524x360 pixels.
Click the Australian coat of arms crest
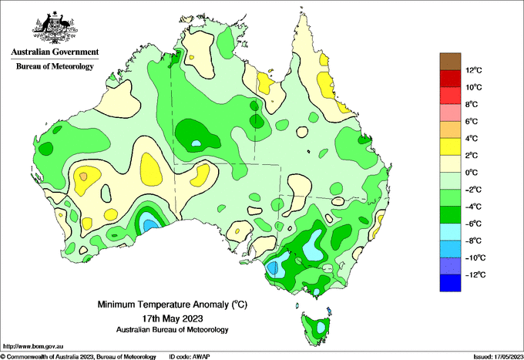[55, 28]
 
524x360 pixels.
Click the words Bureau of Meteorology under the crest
[55, 66]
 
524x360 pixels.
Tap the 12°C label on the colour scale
[474, 70]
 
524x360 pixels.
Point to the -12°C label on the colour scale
[475, 274]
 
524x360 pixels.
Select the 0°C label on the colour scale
[472, 173]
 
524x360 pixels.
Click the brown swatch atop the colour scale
[450, 62]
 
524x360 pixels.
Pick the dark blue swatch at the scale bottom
[450, 283]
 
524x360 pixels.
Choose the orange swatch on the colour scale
[450, 130]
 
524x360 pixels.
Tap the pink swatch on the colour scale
[450, 113]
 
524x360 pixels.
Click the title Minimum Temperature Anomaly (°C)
[172, 304]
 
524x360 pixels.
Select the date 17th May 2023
[173, 318]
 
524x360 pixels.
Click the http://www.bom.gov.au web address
[33, 347]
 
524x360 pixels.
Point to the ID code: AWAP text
[190, 357]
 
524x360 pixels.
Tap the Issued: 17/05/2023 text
[499, 357]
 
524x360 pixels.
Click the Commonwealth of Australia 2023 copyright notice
[79, 357]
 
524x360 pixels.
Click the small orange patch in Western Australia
[83, 176]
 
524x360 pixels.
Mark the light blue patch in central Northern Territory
[196, 143]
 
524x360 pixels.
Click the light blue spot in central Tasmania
[321, 327]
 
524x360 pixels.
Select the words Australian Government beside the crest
[55, 52]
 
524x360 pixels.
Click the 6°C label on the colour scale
[472, 121]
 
